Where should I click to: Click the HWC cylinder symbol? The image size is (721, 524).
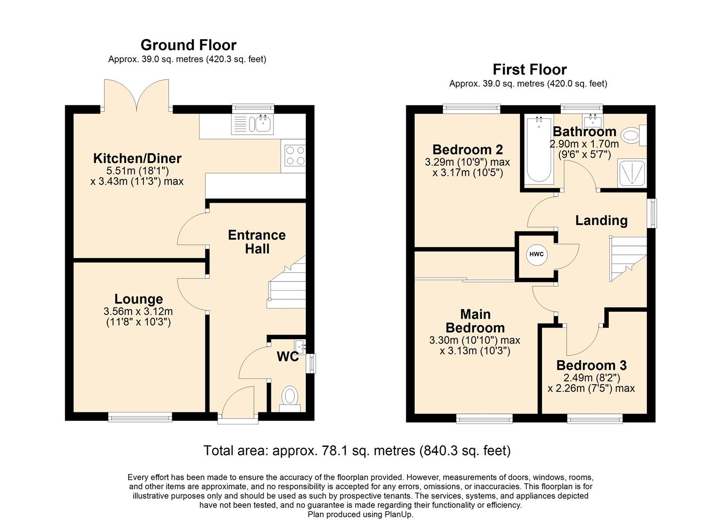click(x=537, y=255)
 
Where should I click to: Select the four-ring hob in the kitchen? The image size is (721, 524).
click(x=295, y=156)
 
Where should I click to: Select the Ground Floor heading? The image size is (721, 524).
click(x=188, y=45)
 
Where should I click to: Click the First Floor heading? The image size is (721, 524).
click(x=529, y=69)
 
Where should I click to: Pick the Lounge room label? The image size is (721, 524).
click(x=138, y=299)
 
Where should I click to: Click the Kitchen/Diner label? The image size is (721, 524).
click(x=137, y=158)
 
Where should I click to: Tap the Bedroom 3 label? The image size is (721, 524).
click(x=591, y=365)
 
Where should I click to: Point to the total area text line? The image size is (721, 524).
click(x=357, y=451)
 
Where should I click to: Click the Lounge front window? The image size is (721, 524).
click(x=140, y=416)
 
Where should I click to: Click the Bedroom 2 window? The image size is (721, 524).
click(x=471, y=109)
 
